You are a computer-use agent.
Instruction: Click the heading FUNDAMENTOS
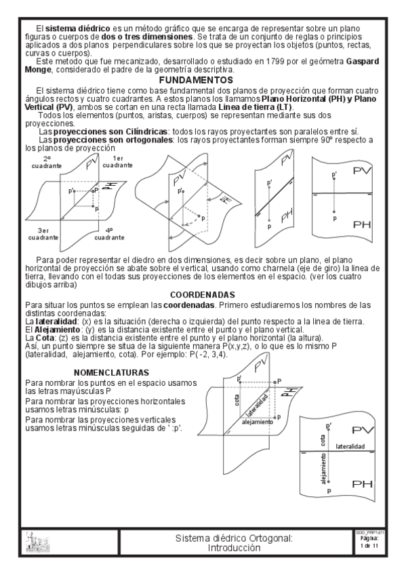click(203, 80)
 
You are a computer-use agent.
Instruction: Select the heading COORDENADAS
click(203, 295)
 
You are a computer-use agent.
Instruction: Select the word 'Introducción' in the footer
click(234, 547)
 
